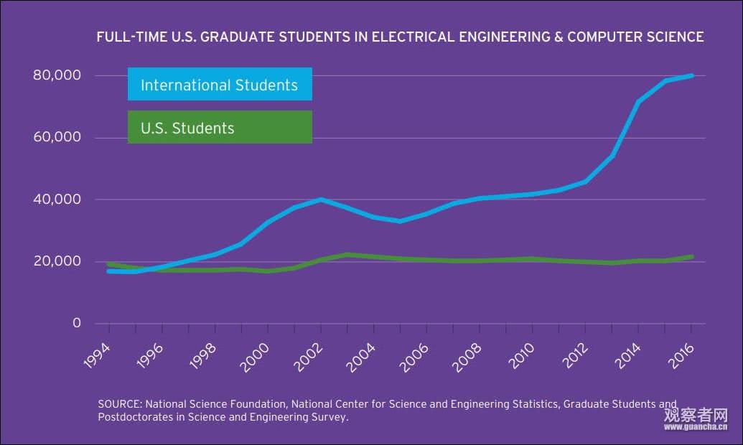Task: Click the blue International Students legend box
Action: (x=220, y=85)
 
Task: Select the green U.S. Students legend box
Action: (x=220, y=128)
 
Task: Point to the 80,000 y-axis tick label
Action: (x=57, y=75)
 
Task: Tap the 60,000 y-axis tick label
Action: (x=57, y=138)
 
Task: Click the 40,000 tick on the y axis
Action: (x=57, y=200)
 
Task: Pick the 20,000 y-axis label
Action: (x=57, y=261)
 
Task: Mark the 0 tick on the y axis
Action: (x=77, y=324)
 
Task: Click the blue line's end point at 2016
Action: (x=692, y=75)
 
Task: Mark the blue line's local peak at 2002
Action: (x=321, y=200)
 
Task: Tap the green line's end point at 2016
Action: (x=692, y=256)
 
